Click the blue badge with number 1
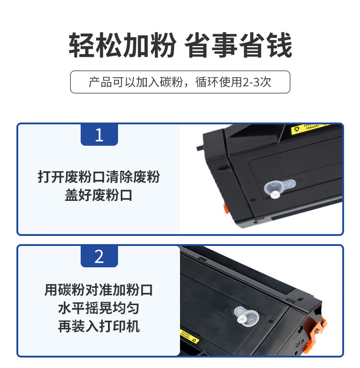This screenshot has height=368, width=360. [x=99, y=135]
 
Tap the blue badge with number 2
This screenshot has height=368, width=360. [x=99, y=256]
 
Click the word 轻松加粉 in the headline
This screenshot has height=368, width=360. [x=122, y=45]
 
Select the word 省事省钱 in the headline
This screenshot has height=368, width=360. [x=238, y=45]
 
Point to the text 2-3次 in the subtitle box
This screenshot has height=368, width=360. [x=257, y=82]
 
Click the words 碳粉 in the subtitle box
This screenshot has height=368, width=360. [x=171, y=82]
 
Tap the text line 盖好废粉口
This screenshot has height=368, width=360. [x=98, y=195]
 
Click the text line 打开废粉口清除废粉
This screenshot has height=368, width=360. [x=98, y=177]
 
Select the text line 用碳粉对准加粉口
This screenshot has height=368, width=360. [x=98, y=290]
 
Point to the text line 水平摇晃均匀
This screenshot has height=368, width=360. [x=98, y=308]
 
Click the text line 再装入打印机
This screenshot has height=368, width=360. [x=98, y=327]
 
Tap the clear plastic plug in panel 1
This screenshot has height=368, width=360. [x=279, y=188]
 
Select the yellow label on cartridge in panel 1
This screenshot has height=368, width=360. [x=309, y=128]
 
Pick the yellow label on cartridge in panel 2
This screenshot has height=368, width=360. [x=189, y=336]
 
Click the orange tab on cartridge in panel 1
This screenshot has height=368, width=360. [x=226, y=209]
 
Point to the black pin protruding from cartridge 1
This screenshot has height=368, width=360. [x=200, y=148]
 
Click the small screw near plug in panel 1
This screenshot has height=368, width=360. [x=253, y=199]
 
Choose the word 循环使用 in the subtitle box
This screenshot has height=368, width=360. [x=218, y=82]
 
